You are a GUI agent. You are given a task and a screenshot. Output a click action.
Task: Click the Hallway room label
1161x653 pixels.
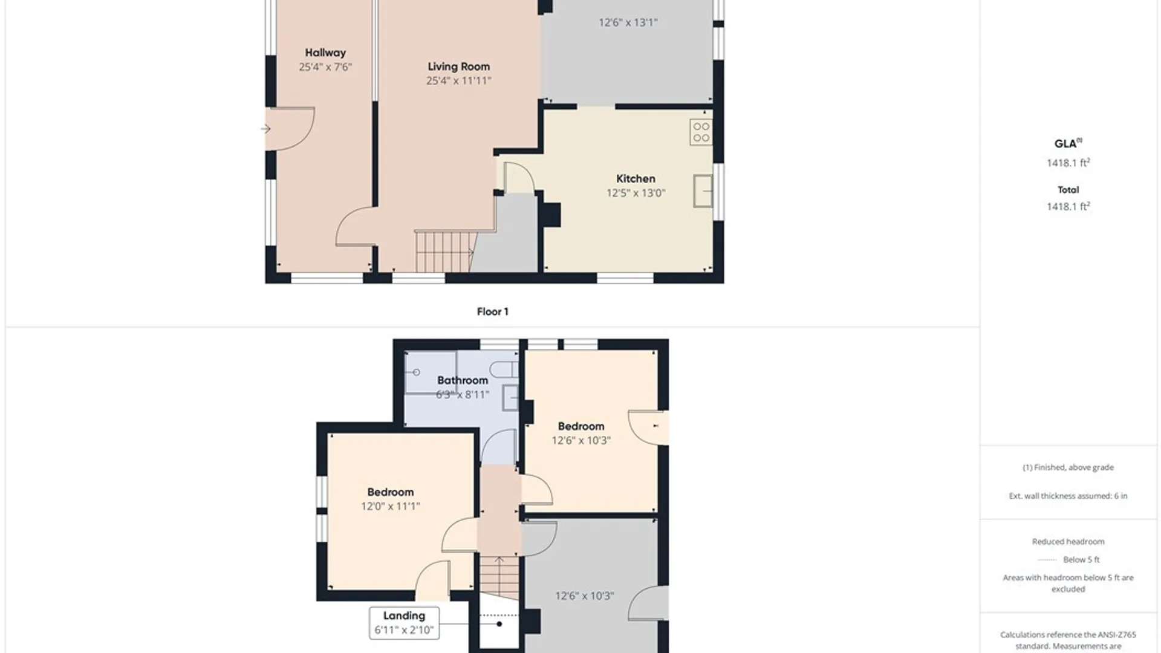(325, 53)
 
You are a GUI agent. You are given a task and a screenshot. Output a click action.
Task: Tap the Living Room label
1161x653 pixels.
(459, 67)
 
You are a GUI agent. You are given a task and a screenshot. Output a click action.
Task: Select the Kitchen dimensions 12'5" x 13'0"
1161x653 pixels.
(636, 193)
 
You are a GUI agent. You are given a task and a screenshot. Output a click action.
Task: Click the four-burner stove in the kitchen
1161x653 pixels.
(701, 132)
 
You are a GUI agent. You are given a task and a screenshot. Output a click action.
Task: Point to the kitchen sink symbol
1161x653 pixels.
(703, 190)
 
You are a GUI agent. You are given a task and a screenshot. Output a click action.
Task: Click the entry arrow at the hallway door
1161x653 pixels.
(265, 129)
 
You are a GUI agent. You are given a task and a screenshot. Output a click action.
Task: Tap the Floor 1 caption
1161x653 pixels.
(492, 312)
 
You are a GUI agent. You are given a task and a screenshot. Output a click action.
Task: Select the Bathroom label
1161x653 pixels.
(463, 380)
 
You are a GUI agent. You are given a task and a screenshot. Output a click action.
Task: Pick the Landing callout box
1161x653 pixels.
(405, 623)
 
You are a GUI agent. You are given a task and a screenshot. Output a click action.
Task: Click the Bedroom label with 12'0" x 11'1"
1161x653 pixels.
(391, 492)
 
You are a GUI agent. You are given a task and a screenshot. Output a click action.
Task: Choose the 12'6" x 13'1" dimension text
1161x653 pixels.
(628, 22)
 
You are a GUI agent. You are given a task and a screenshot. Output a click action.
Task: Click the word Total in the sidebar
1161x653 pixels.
(1068, 190)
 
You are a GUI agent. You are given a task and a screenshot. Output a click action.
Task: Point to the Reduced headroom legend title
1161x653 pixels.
(1068, 542)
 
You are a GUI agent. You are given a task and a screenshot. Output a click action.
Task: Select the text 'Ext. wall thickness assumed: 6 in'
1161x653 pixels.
(1068, 496)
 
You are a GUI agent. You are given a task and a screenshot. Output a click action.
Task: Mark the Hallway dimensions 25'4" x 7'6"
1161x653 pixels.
(325, 67)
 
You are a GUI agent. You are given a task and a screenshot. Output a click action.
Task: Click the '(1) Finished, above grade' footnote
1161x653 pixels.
(1068, 467)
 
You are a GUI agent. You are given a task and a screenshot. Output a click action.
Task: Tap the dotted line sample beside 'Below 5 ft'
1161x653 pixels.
(1047, 560)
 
